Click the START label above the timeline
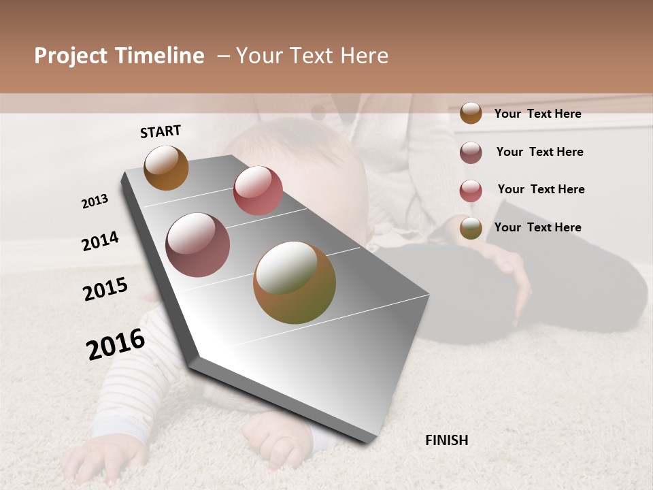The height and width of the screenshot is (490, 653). click(161, 131)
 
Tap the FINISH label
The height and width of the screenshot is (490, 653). click(447, 440)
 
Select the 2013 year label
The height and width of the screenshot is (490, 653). click(95, 201)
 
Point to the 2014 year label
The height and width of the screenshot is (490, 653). click(100, 242)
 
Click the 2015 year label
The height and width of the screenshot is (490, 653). click(105, 289)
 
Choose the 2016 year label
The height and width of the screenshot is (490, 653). click(116, 344)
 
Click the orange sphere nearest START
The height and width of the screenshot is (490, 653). click(166, 168)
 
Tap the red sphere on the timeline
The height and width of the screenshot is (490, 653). click(258, 190)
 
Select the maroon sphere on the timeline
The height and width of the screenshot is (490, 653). click(198, 245)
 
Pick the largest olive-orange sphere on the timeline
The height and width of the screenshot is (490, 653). click(295, 282)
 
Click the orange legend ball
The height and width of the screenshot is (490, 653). click(471, 114)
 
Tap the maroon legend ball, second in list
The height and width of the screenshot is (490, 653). click(471, 152)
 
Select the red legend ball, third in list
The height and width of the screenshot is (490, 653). click(471, 191)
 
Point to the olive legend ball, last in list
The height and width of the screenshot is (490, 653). click(471, 228)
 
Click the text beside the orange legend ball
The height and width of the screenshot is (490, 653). click(537, 114)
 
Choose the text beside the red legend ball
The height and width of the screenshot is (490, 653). click(541, 189)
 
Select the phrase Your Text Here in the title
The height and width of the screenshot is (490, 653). click(312, 56)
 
